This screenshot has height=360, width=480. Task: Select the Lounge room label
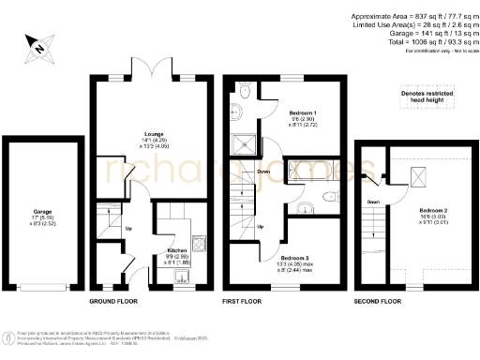(x=129, y=135)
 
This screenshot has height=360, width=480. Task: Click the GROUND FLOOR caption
(x=114, y=302)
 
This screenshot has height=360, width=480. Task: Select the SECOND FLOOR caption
(x=378, y=302)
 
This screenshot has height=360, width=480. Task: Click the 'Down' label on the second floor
(x=372, y=201)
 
